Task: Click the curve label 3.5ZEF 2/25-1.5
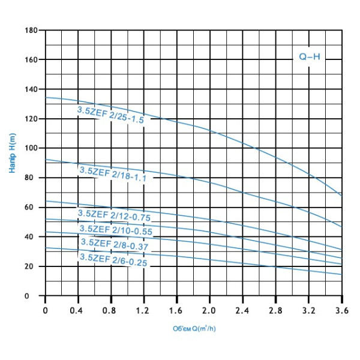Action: (x=110, y=114)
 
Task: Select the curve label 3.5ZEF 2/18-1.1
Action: (x=112, y=174)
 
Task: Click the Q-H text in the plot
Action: (x=310, y=57)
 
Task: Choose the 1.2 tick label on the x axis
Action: (x=143, y=310)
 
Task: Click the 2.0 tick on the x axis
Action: (x=209, y=310)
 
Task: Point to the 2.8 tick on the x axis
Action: (x=275, y=310)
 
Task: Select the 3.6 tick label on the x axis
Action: (x=341, y=310)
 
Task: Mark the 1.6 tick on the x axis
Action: (x=176, y=310)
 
